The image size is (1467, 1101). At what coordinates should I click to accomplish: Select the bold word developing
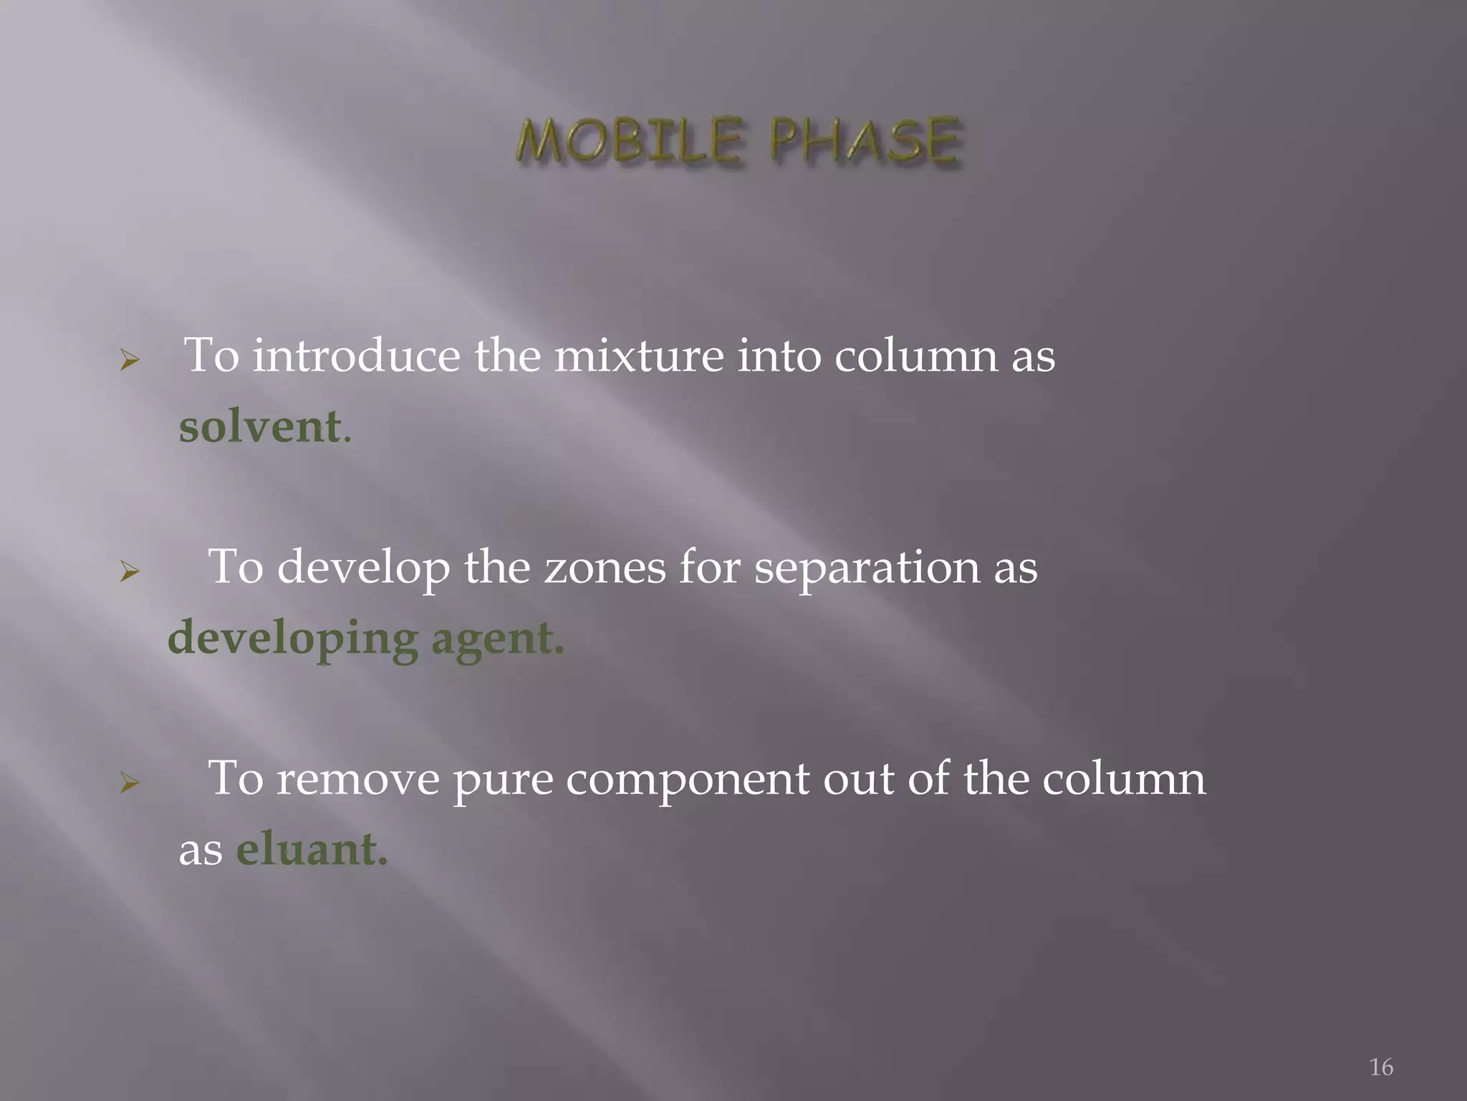pos(293,639)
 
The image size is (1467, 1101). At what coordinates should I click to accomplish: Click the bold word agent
pos(497,639)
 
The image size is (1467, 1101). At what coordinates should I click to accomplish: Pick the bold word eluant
pos(312,849)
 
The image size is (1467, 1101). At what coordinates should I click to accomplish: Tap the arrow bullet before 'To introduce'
pos(129,360)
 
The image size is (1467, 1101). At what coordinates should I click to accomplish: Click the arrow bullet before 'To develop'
pos(129,571)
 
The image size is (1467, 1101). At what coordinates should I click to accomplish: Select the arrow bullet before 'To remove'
pos(129,783)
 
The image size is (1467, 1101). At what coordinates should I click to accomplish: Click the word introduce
pos(356,355)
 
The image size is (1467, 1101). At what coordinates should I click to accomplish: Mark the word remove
pos(357,779)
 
